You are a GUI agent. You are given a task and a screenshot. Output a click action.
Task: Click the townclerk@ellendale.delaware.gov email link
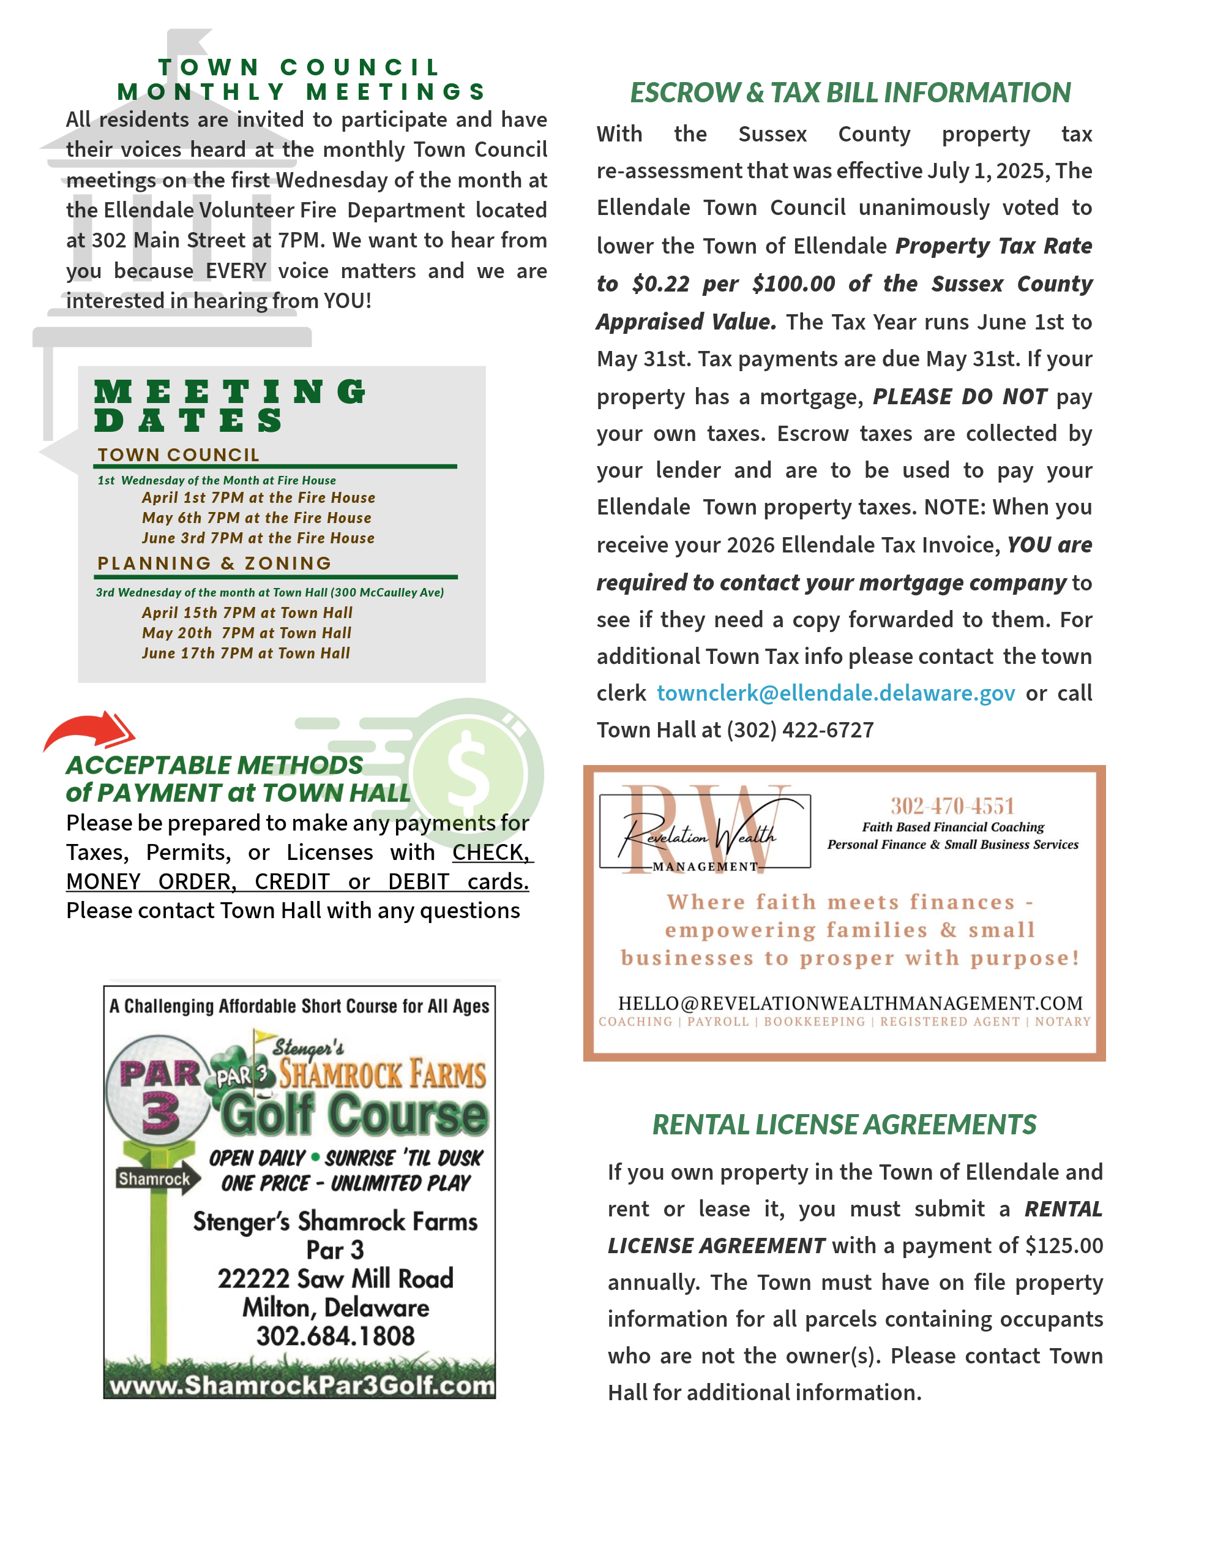click(836, 693)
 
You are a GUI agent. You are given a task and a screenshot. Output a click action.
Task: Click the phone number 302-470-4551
click(952, 805)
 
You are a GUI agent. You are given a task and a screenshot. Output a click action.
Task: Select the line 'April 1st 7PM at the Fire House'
click(258, 497)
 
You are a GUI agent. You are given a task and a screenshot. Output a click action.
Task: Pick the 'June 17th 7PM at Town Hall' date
click(245, 654)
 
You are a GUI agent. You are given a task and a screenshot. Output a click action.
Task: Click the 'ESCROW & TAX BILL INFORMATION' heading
click(850, 92)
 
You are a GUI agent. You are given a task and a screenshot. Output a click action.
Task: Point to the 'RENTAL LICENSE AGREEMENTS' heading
click(844, 1125)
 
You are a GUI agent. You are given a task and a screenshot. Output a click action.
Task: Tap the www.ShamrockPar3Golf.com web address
click(301, 1385)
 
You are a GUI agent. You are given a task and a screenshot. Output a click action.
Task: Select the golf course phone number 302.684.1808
click(335, 1336)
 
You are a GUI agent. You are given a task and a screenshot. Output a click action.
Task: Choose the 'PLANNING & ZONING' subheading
click(215, 563)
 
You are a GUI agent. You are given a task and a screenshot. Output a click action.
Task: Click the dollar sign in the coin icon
click(467, 770)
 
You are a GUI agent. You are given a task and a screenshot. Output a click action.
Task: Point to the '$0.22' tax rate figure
click(661, 284)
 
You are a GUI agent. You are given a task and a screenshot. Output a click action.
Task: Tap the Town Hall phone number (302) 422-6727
click(799, 730)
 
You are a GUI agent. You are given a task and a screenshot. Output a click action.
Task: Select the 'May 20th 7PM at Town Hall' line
click(246, 633)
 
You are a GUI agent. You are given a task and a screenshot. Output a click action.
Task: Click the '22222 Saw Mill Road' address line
click(335, 1279)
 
